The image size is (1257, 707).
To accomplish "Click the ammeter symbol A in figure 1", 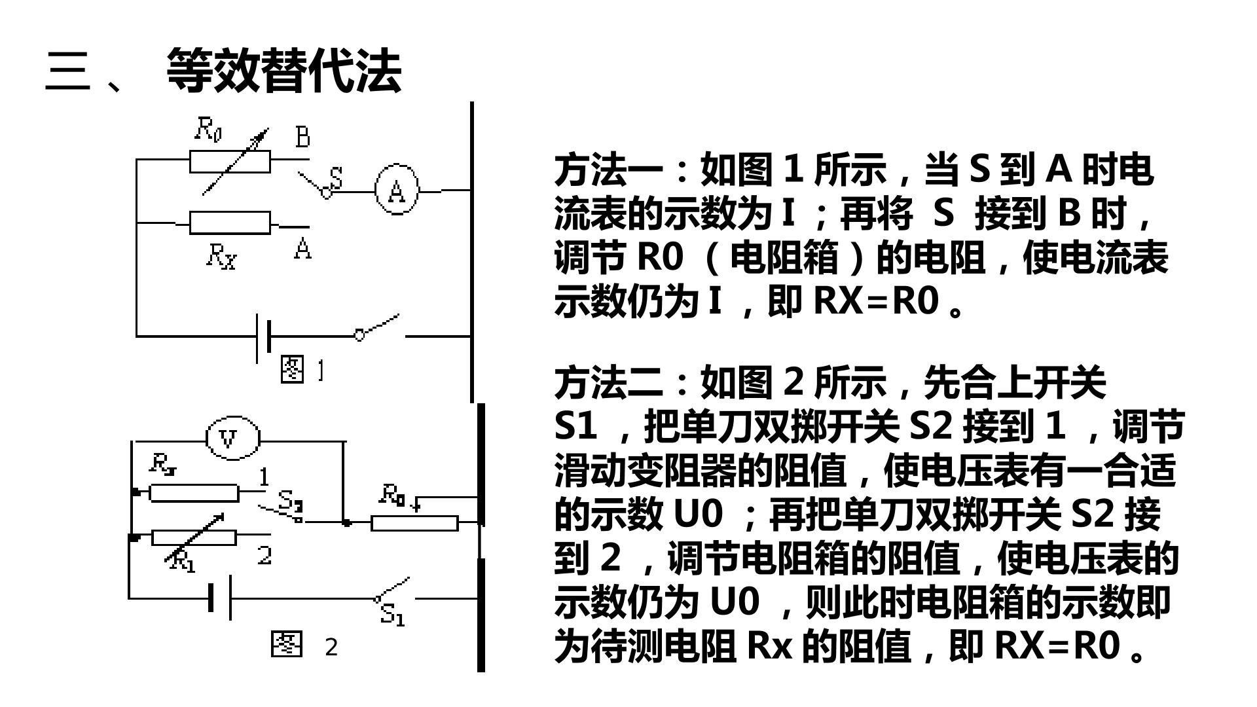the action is tap(396, 190).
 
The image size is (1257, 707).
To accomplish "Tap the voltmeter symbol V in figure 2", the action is tap(232, 438).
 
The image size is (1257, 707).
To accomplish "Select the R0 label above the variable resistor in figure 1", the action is tap(208, 130).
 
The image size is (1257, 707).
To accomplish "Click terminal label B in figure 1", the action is tap(302, 137).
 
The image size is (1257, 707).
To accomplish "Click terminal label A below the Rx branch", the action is tap(302, 249).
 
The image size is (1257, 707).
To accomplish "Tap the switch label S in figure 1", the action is tap(336, 177).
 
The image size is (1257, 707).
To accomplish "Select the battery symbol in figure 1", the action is tap(264, 338).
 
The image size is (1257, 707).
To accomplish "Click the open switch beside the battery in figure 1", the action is tap(378, 327).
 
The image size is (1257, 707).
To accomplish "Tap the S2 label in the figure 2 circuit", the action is tap(289, 501).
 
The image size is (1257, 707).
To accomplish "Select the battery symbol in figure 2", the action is tap(220, 598).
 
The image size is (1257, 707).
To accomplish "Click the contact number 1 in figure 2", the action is tap(263, 477).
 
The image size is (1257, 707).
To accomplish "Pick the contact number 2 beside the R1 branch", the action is tap(264, 555).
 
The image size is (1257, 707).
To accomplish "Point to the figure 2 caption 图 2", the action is tap(304, 645).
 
